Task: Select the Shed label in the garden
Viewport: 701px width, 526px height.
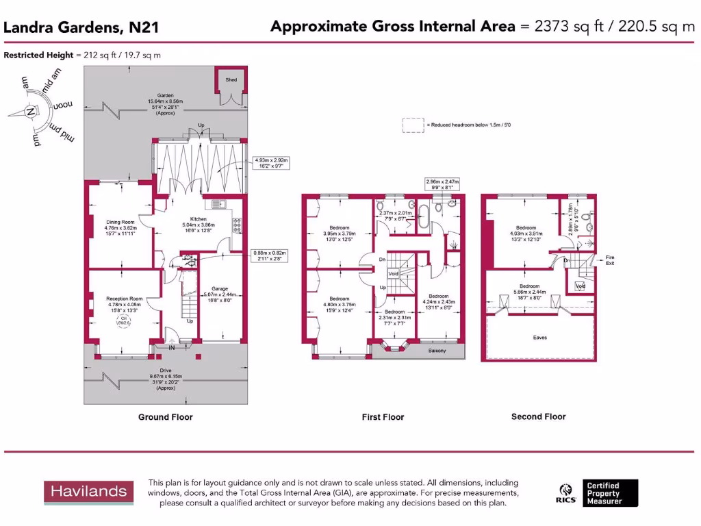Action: tap(231, 80)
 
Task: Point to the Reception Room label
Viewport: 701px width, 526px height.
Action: tap(124, 299)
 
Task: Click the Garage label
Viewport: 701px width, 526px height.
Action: tap(219, 289)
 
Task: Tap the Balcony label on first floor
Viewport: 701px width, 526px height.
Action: tap(437, 351)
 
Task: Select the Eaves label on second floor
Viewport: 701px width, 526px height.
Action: tap(540, 337)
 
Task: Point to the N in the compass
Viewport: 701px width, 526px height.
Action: tap(29, 112)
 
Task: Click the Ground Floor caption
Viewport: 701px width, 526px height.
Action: tap(165, 417)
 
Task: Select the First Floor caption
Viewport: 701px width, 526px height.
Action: tap(383, 417)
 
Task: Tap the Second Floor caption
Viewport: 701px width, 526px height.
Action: tap(539, 416)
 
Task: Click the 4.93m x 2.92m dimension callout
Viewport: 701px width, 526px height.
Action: tap(272, 163)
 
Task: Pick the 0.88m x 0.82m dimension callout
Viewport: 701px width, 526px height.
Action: tap(270, 256)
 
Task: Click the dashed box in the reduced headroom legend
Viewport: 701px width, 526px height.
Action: tap(413, 125)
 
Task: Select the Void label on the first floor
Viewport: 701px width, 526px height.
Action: tap(393, 273)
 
